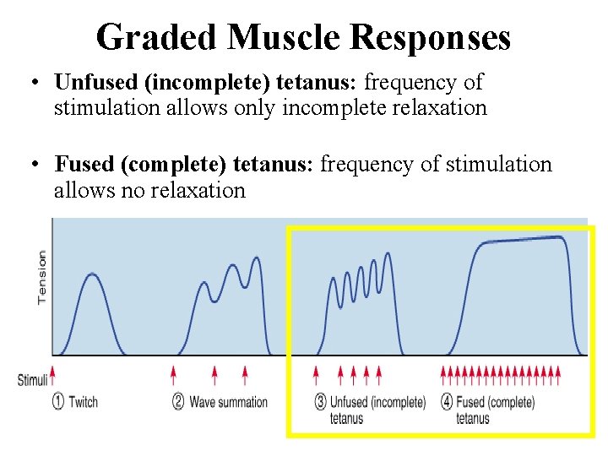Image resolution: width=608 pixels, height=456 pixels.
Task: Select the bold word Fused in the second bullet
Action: pos(82,164)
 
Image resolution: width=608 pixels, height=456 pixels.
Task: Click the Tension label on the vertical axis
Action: pos(41,276)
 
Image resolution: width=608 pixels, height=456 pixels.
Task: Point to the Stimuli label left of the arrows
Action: pos(32,380)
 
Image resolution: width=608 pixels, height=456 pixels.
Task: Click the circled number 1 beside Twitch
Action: pos(57,402)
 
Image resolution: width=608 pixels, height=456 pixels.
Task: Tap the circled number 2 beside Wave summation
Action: pos(178,402)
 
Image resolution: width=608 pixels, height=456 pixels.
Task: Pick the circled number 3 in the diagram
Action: pos(321,402)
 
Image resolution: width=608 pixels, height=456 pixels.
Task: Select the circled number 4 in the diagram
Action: pos(447,402)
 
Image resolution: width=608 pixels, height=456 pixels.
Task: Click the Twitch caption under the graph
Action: pos(84,402)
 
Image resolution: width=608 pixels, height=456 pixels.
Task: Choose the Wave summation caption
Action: pos(228,402)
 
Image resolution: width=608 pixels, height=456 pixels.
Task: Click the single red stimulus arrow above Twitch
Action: pos(53,372)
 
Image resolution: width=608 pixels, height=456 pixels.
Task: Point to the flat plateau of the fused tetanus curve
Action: pos(524,241)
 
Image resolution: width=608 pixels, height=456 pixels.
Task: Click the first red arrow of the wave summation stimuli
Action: pos(174,372)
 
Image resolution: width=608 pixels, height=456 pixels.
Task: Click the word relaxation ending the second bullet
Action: pos(198,190)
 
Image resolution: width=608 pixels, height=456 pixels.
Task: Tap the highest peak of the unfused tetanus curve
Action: pos(387,253)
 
